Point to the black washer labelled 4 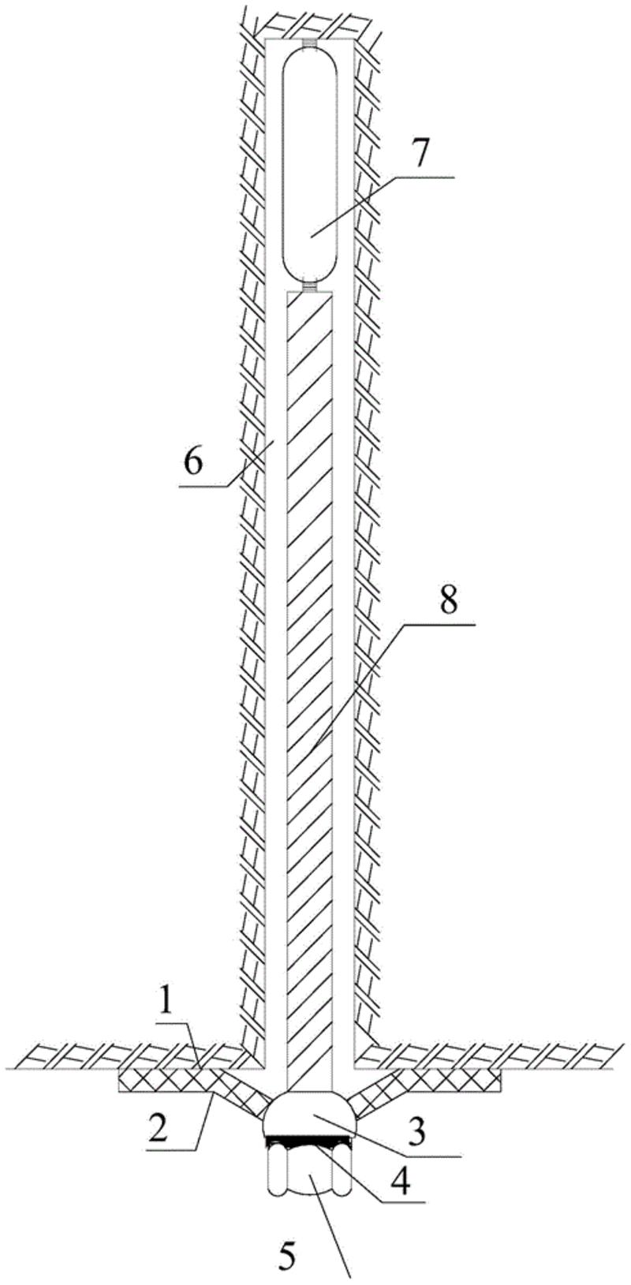pyautogui.click(x=311, y=1141)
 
